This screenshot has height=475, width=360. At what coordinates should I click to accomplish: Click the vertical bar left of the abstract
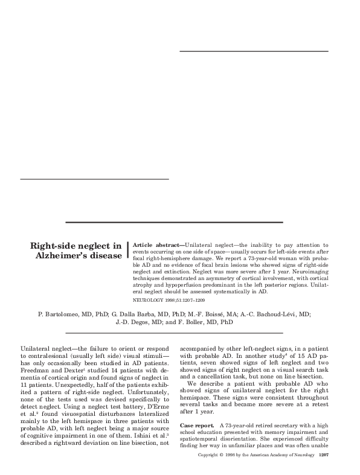click(x=128, y=251)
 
